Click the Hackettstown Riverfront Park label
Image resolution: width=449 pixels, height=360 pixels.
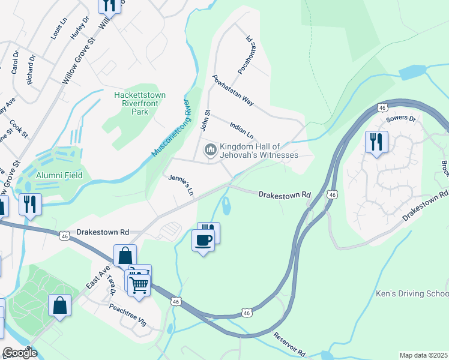(140, 103)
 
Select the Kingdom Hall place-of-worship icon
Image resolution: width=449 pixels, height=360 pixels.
(211, 149)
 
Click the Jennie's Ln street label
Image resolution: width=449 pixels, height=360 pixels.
(181, 185)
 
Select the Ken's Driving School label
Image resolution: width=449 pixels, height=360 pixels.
(412, 294)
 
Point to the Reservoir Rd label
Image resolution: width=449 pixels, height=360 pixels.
(291, 344)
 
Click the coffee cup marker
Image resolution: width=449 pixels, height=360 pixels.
(203, 241)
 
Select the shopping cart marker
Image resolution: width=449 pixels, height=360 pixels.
(139, 284)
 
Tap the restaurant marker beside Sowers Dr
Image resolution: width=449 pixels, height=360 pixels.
(376, 142)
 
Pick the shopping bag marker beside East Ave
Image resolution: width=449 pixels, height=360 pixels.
(124, 256)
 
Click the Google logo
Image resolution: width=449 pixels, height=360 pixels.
(20, 353)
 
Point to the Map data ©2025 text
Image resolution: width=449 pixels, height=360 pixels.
(424, 355)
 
